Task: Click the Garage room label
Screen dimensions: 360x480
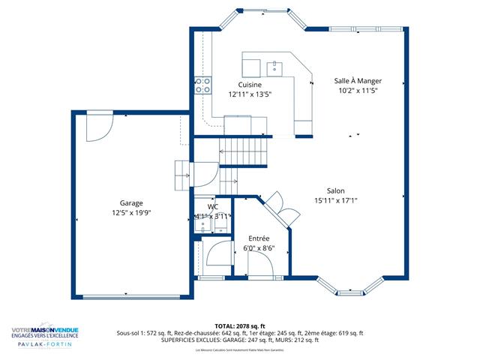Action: (131, 202)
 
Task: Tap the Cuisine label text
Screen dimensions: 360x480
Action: (250, 85)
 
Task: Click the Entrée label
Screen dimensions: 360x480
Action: (259, 238)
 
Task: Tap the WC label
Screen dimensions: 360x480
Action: (213, 206)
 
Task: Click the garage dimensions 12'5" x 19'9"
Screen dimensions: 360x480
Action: (131, 212)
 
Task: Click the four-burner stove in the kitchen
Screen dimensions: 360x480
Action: (202, 85)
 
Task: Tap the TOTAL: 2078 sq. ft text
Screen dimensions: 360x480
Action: (240, 326)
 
